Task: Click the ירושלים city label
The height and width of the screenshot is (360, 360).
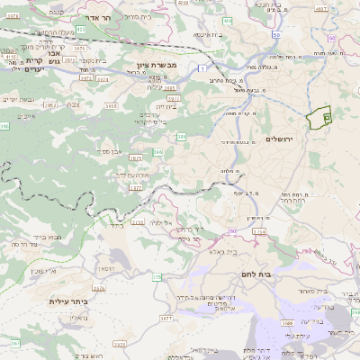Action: click(x=281, y=138)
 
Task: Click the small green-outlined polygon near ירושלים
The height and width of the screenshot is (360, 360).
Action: click(x=319, y=119)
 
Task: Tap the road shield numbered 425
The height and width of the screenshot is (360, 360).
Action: click(x=81, y=30)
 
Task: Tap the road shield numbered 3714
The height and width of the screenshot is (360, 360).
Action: click(x=260, y=232)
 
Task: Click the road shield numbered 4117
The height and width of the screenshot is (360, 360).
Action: click(x=320, y=8)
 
